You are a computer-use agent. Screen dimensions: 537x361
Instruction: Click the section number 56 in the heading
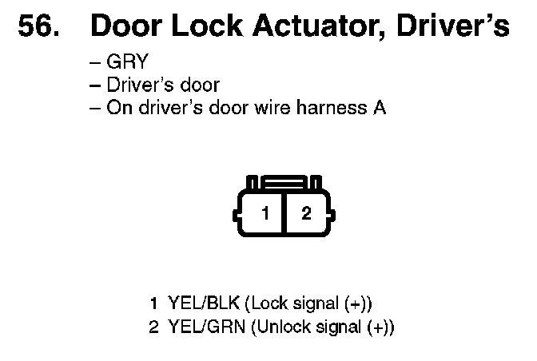click(37, 26)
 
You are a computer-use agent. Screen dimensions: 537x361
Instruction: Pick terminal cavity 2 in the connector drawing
click(305, 213)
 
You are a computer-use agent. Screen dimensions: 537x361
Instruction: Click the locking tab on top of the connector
click(284, 182)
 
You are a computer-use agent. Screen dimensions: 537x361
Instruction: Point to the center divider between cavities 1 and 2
click(284, 213)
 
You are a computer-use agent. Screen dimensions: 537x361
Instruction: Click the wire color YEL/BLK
click(203, 303)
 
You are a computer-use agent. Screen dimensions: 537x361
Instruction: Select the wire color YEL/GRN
click(205, 327)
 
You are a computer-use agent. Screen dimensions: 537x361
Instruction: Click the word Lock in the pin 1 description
click(266, 303)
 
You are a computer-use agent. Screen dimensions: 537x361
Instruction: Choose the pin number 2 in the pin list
click(154, 327)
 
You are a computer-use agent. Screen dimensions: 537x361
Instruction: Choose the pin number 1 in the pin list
click(154, 303)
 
